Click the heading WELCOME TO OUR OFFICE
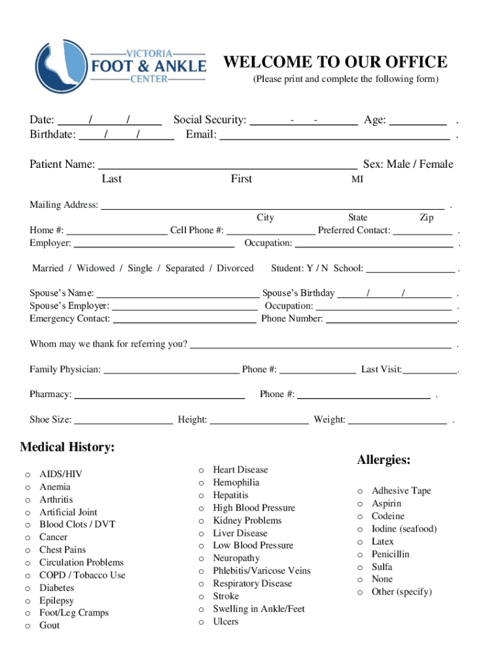tap(335, 62)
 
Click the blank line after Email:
tap(334, 136)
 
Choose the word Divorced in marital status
tap(235, 269)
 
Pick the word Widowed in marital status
tap(95, 269)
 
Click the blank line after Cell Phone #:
tap(270, 231)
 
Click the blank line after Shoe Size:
tap(123, 420)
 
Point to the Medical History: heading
tap(67, 448)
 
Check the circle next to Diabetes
tap(27, 588)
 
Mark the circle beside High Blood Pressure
tap(202, 508)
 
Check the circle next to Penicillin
tap(360, 555)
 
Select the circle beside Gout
tap(27, 626)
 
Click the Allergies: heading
tap(384, 460)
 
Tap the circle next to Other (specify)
tap(360, 592)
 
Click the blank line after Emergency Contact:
tap(185, 319)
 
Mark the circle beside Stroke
tap(202, 597)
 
